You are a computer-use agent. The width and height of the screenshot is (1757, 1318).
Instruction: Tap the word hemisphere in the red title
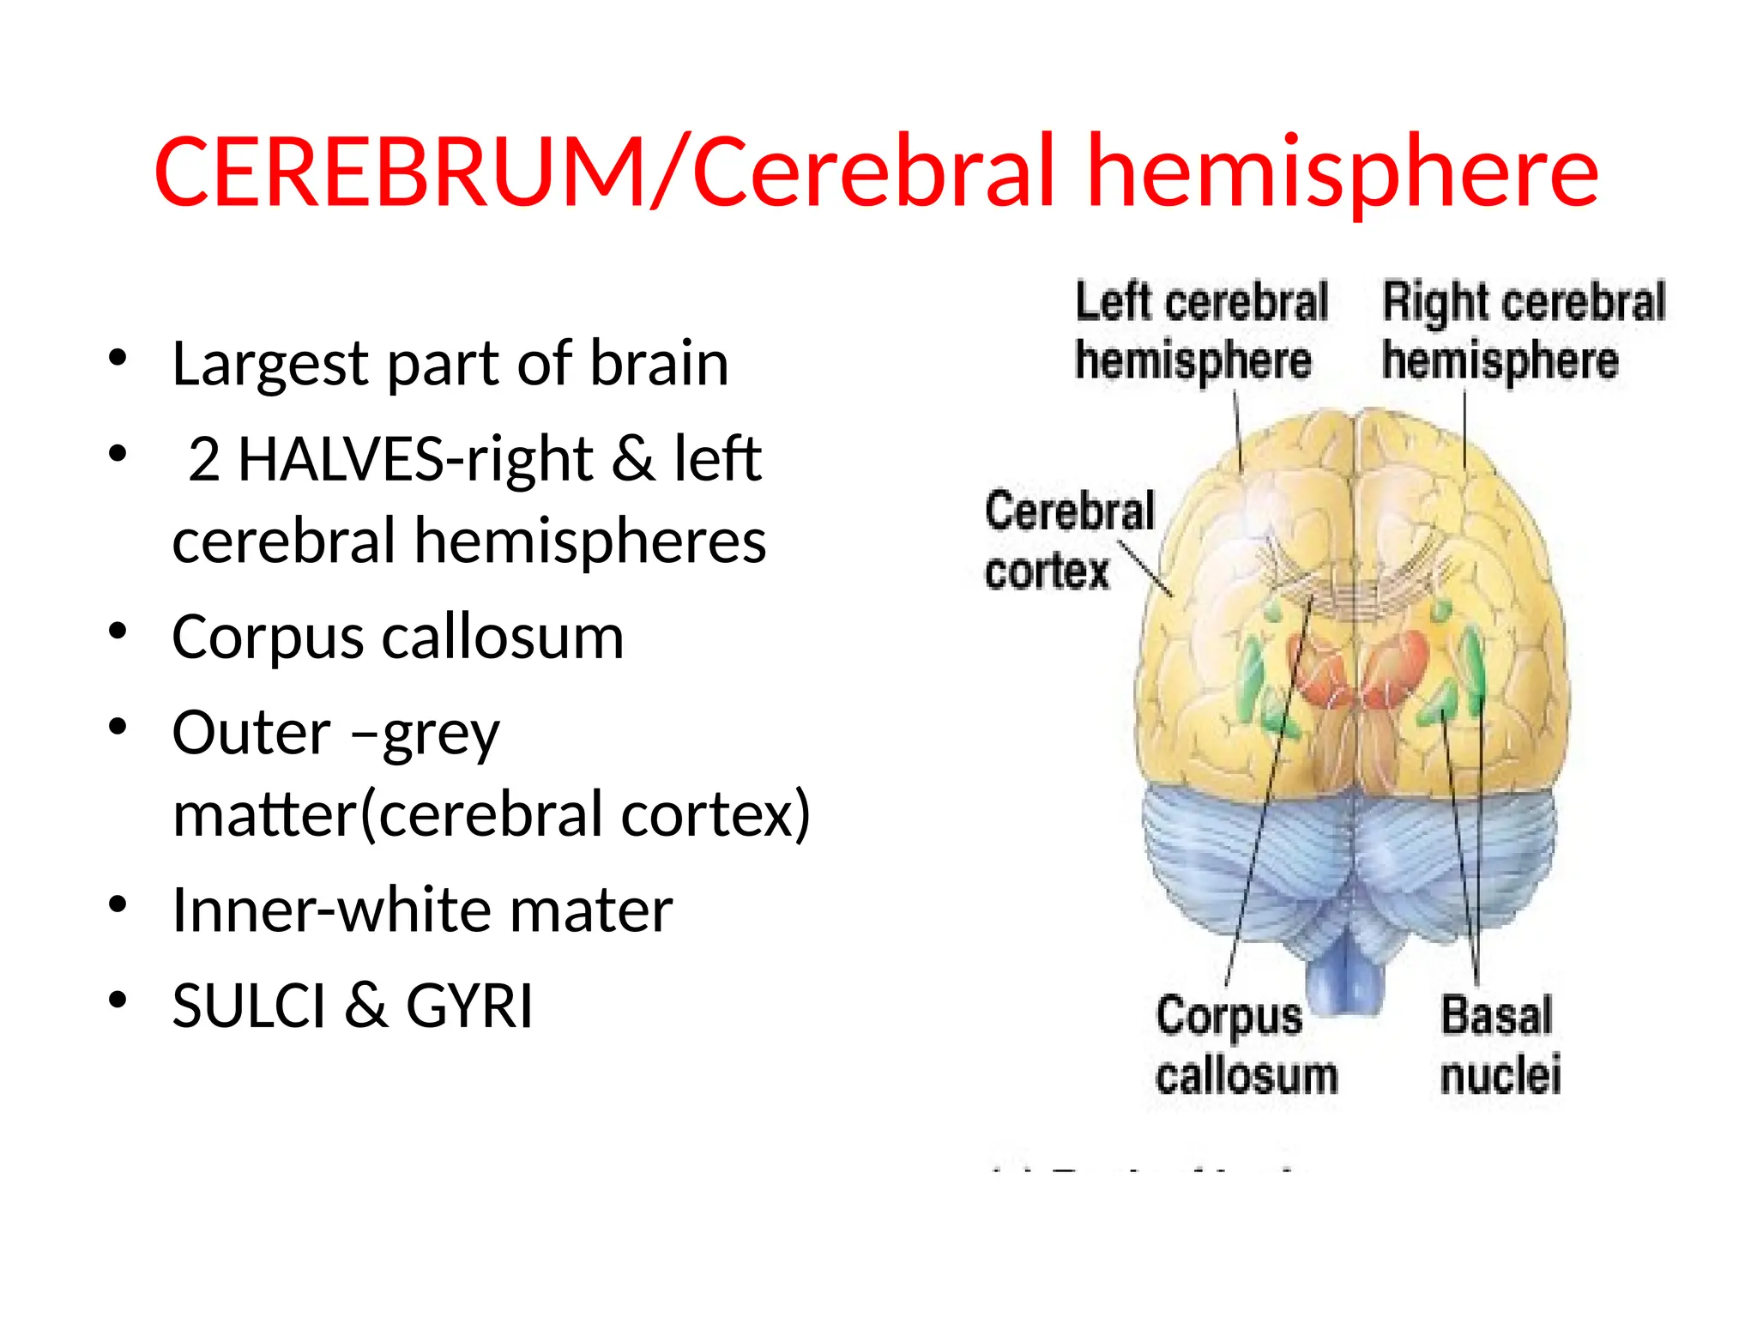click(x=1343, y=172)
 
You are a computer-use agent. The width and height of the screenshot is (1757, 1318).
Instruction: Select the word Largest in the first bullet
click(x=270, y=365)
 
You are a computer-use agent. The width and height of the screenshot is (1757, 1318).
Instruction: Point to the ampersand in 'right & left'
click(x=633, y=459)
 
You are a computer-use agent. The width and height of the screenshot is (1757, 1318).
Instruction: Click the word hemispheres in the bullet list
click(x=590, y=542)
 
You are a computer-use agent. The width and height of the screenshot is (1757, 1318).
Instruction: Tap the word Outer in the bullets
click(x=251, y=733)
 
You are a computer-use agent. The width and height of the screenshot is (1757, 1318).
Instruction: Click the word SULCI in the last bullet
click(x=249, y=1006)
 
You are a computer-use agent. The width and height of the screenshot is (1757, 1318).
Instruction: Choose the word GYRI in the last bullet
click(x=468, y=1006)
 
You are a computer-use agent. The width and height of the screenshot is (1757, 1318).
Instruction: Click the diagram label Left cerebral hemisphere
click(x=1201, y=331)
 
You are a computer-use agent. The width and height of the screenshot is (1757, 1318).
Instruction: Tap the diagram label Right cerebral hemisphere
click(x=1523, y=331)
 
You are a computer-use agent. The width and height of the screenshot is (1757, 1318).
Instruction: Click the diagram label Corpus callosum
click(x=1246, y=1045)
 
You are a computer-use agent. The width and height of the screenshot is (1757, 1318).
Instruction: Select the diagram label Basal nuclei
click(x=1500, y=1045)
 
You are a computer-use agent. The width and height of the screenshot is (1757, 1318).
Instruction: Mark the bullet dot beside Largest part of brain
click(x=118, y=359)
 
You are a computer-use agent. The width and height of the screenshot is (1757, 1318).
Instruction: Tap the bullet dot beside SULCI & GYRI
click(x=118, y=1001)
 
